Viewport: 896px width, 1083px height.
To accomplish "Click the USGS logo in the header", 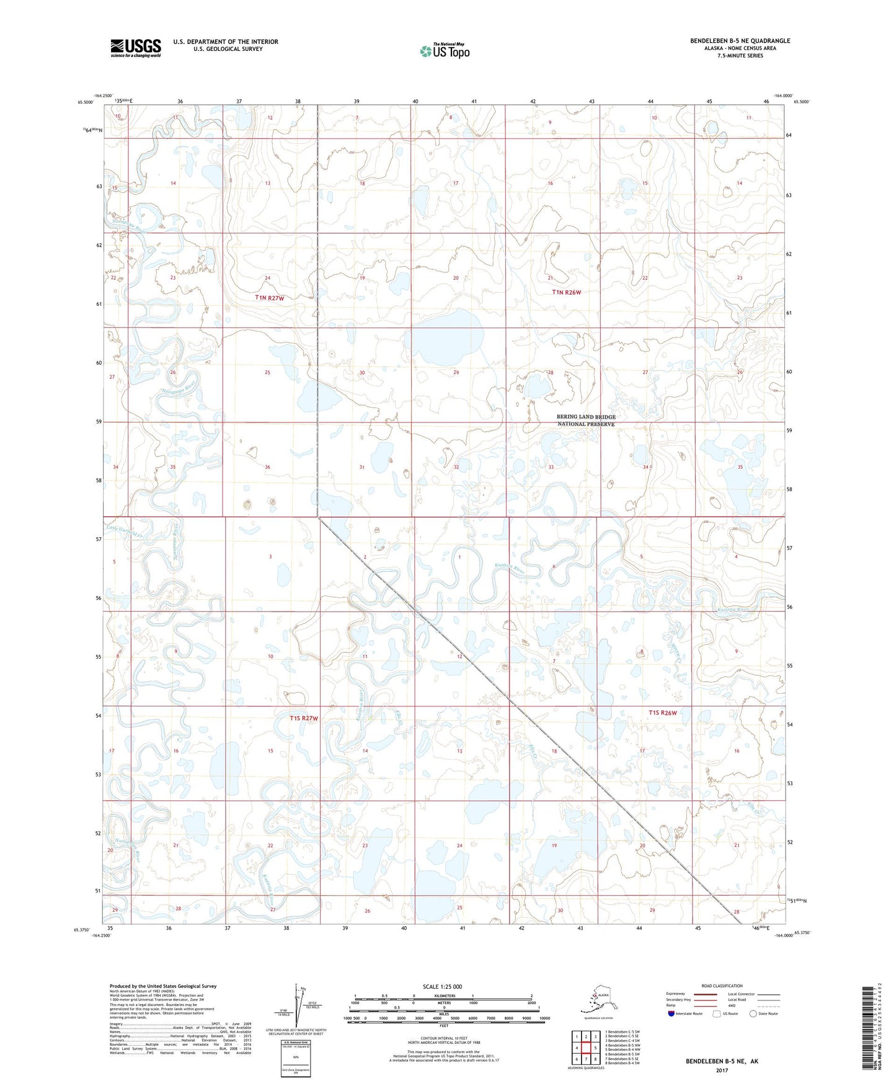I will click(x=135, y=48).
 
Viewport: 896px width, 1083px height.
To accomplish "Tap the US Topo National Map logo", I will click(x=444, y=51).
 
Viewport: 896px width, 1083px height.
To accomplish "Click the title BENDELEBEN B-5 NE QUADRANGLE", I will click(x=740, y=41).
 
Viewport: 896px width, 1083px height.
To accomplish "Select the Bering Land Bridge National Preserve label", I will click(x=585, y=421).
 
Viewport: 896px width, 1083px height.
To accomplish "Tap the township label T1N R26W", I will click(x=567, y=292).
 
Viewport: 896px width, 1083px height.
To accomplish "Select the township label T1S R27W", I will click(x=304, y=718).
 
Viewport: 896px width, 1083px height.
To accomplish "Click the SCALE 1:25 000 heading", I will click(x=442, y=987).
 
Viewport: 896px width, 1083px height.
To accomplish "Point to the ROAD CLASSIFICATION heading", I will click(x=722, y=986).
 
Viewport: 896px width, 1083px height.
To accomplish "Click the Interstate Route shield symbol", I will click(x=671, y=1014).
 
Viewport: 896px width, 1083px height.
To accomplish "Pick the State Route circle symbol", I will click(x=753, y=1014).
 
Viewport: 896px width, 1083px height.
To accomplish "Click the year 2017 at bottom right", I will click(x=722, y=1070).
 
